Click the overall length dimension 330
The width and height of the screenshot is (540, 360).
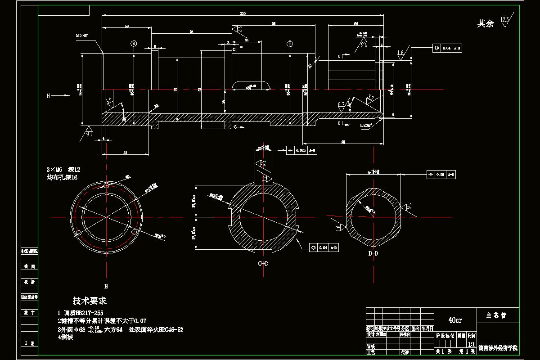243,14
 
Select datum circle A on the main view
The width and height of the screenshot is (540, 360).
134,44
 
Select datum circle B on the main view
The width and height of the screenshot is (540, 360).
290,44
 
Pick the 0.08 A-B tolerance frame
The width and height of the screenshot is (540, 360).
441,174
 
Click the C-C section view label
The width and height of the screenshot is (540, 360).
263,263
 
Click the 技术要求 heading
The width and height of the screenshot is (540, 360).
90,301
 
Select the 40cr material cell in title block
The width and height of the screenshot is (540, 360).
455,320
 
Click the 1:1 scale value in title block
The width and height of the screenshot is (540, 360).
471,344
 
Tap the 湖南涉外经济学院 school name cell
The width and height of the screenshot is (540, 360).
498,348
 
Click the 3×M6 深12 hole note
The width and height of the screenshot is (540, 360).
63,170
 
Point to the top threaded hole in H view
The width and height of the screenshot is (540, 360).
107,185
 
